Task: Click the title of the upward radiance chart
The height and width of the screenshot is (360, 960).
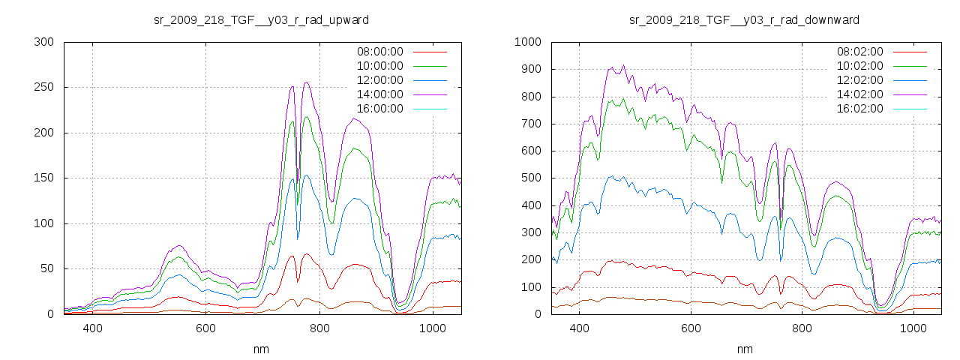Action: (261, 19)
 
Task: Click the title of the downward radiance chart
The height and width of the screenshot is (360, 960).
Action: (744, 19)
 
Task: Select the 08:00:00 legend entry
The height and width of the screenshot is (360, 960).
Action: (379, 52)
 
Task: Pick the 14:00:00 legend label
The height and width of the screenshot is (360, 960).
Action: (379, 94)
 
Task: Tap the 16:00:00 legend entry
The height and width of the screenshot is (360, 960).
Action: (379, 109)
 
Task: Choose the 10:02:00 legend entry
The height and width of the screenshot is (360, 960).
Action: (860, 66)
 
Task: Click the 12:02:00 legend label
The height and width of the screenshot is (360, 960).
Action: (860, 80)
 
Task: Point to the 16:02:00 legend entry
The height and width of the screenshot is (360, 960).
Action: (860, 109)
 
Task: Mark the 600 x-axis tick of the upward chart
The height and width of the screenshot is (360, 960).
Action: (206, 328)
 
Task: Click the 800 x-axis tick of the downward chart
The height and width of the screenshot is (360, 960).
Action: (802, 328)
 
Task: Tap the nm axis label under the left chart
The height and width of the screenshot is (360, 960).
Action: (261, 349)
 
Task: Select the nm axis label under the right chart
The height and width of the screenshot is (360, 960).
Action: (744, 349)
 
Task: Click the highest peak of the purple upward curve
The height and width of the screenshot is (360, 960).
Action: (307, 82)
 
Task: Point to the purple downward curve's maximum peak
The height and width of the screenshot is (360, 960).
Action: (623, 65)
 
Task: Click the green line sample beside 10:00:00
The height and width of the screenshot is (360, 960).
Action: (429, 66)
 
